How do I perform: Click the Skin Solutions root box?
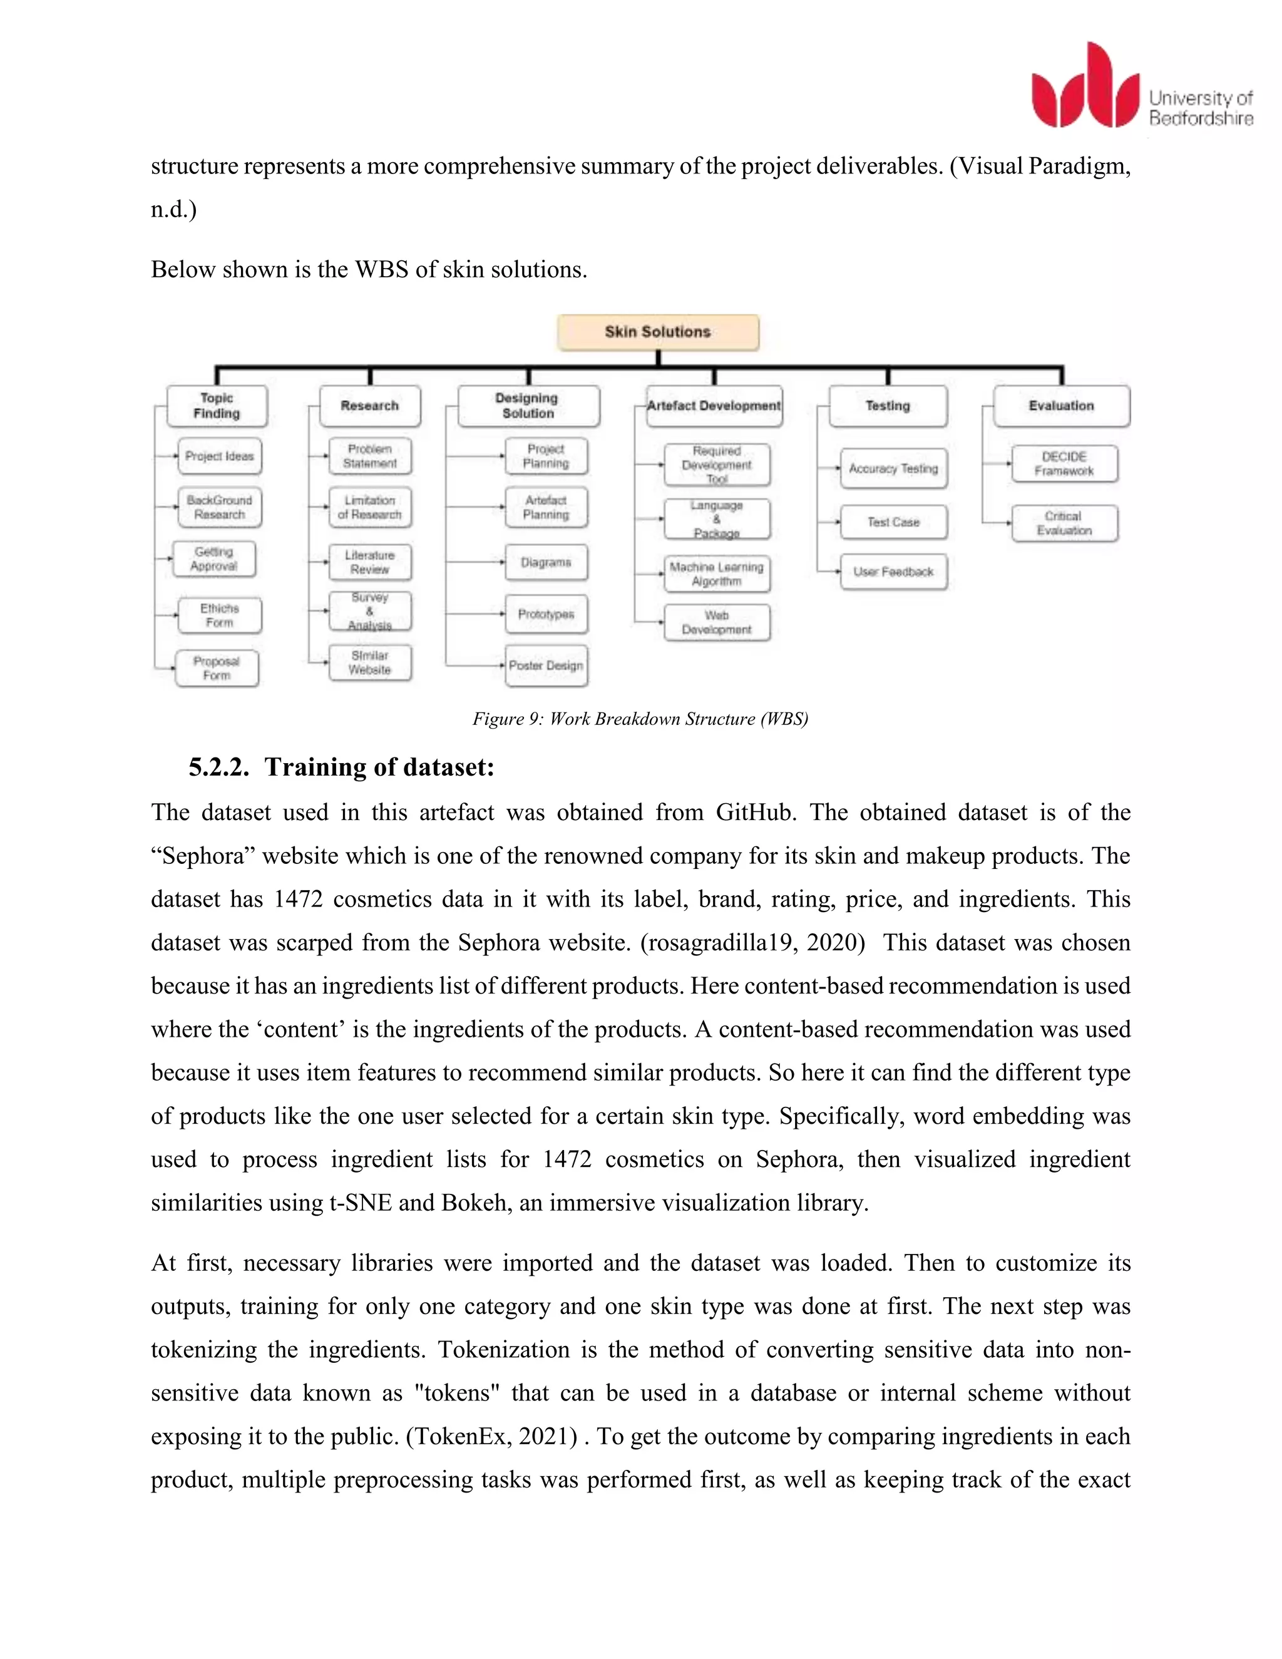[x=658, y=332]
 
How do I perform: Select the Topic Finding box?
[x=217, y=406]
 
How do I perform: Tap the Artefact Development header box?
[x=713, y=406]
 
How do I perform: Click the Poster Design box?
[x=546, y=665]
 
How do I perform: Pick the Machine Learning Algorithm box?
[x=716, y=574]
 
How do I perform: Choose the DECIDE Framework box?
[x=1064, y=463]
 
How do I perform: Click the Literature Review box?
[x=370, y=562]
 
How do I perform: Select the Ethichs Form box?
[x=220, y=615]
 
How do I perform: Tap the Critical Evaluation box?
[x=1064, y=523]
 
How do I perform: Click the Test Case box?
[x=893, y=523]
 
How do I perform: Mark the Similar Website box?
[x=370, y=662]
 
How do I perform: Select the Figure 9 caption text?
[x=640, y=719]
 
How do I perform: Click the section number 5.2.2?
[x=218, y=768]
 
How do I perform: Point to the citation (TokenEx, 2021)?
[x=491, y=1436]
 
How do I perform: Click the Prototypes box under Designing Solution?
[x=546, y=614]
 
